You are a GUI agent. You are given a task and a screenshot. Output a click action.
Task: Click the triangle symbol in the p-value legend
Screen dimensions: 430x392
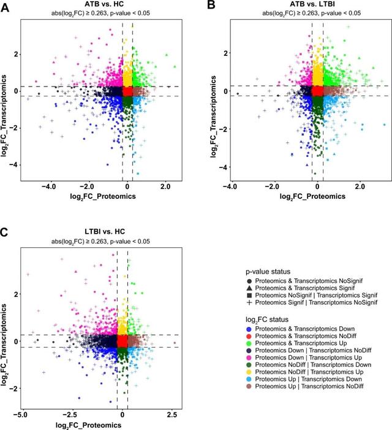(251, 288)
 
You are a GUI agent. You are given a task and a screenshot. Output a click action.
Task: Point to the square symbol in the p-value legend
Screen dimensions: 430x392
(251, 295)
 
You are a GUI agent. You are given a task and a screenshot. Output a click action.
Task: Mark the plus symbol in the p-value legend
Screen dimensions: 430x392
(251, 302)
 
